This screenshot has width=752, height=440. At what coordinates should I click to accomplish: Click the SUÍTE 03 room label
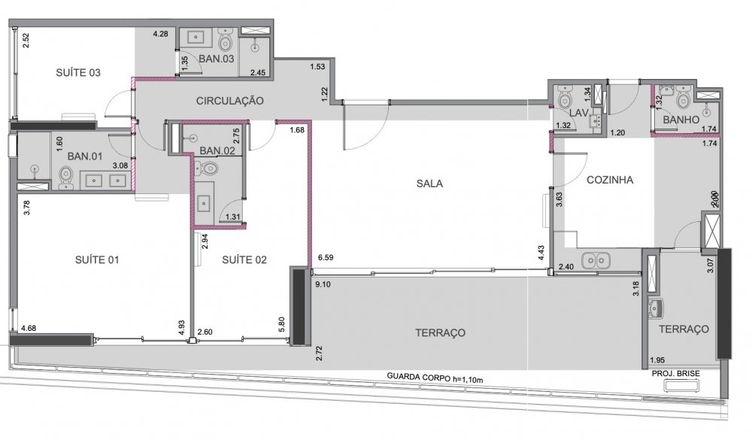click(x=78, y=72)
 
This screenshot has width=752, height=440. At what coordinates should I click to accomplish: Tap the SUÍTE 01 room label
click(x=97, y=259)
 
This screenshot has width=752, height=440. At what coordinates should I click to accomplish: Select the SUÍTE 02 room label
click(x=244, y=259)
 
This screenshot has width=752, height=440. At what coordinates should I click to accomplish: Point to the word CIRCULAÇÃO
click(x=229, y=101)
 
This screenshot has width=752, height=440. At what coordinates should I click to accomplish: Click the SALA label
click(x=429, y=184)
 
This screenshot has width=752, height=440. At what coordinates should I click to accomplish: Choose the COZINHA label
click(x=610, y=180)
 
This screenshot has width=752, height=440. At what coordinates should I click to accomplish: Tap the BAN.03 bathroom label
click(x=217, y=59)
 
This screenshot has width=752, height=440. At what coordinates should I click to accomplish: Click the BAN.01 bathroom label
click(x=85, y=156)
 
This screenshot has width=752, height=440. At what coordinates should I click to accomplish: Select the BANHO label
click(x=681, y=120)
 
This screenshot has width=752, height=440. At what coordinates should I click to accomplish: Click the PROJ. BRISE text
click(x=676, y=373)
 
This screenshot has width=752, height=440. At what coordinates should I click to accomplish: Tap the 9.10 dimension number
click(x=323, y=284)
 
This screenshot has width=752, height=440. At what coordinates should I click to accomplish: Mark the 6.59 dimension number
click(x=326, y=258)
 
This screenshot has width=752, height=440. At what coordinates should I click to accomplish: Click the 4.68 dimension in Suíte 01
click(x=29, y=328)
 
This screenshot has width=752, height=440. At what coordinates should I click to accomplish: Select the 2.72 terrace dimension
click(x=319, y=353)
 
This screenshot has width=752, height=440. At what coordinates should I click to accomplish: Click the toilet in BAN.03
click(x=225, y=39)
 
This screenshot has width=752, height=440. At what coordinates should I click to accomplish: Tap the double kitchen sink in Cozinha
click(x=596, y=261)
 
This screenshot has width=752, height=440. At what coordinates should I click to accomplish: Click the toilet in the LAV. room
click(x=565, y=98)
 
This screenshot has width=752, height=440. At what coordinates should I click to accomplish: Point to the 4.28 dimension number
click(x=161, y=34)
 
